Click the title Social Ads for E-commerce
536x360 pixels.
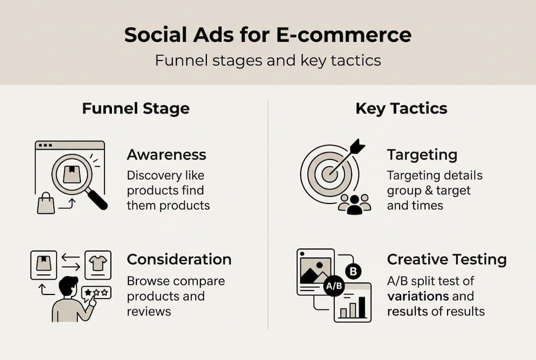tap(268, 35)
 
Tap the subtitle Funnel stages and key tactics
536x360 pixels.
tap(268, 60)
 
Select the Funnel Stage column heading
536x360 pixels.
tap(135, 108)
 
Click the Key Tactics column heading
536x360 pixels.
tap(401, 108)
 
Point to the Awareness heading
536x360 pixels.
tap(166, 154)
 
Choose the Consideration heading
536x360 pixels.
tap(179, 259)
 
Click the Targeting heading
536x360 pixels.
tap(422, 154)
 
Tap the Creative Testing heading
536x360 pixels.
tap(447, 259)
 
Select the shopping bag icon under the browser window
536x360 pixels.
tap(46, 203)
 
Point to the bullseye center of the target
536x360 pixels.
tap(329, 173)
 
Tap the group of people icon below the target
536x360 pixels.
tap(354, 204)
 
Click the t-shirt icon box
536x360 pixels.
tap(98, 264)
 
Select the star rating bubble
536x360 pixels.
tap(96, 292)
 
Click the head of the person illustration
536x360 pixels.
tap(68, 287)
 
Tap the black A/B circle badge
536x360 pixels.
tap(334, 286)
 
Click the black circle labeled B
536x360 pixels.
tap(353, 271)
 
